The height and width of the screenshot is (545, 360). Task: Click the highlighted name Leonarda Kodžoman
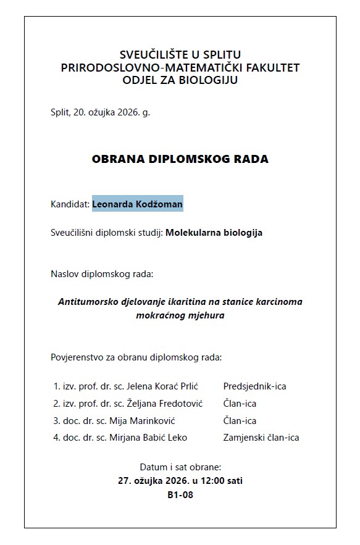coord(138,204)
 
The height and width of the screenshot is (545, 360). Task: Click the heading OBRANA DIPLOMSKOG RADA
coord(180,159)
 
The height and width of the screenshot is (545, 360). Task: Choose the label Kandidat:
coord(70,204)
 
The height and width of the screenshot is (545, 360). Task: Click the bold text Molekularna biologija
coord(214,233)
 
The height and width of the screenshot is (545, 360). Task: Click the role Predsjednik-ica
coord(254,386)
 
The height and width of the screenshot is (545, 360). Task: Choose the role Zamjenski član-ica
coord(261,438)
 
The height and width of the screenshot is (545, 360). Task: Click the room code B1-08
coord(180,494)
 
